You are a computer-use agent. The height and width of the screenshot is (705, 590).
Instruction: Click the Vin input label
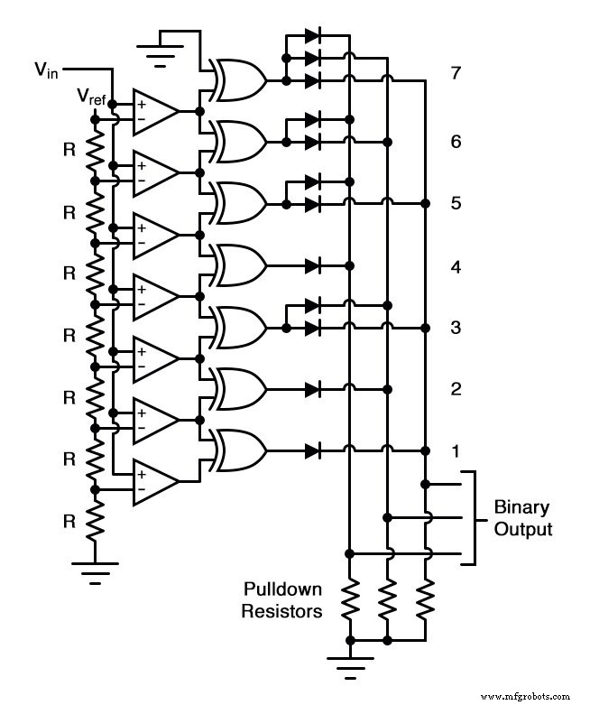[x=45, y=69]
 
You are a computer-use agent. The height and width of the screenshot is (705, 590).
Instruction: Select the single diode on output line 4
[x=313, y=266]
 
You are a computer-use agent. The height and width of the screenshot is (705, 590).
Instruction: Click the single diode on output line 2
[x=313, y=389]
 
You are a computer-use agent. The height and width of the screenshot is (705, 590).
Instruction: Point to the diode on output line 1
[x=313, y=450]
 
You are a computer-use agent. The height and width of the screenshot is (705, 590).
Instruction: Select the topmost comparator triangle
[x=155, y=111]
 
